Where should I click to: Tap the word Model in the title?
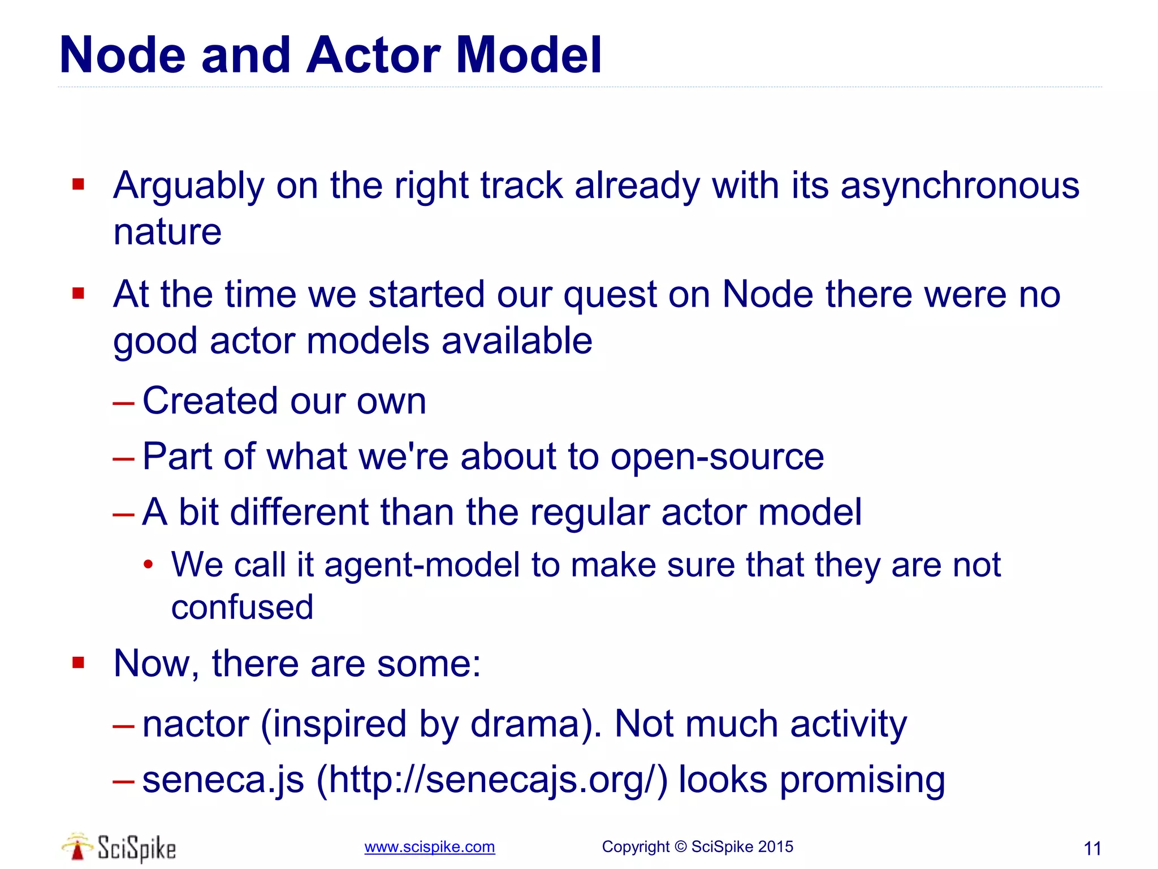(x=529, y=55)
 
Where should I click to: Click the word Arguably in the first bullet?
(x=189, y=187)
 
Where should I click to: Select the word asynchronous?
(x=960, y=186)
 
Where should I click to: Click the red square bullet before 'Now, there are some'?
(x=79, y=662)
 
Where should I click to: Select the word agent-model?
(x=422, y=565)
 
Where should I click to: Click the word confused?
(x=242, y=607)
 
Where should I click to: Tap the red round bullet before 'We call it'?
(x=148, y=564)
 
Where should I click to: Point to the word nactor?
(x=196, y=724)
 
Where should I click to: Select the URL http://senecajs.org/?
(x=491, y=780)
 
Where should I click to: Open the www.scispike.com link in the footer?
(x=430, y=847)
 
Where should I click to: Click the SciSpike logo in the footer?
(x=119, y=847)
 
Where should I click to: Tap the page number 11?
(x=1092, y=849)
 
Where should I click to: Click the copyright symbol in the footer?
(x=680, y=847)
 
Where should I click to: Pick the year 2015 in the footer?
(x=775, y=847)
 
